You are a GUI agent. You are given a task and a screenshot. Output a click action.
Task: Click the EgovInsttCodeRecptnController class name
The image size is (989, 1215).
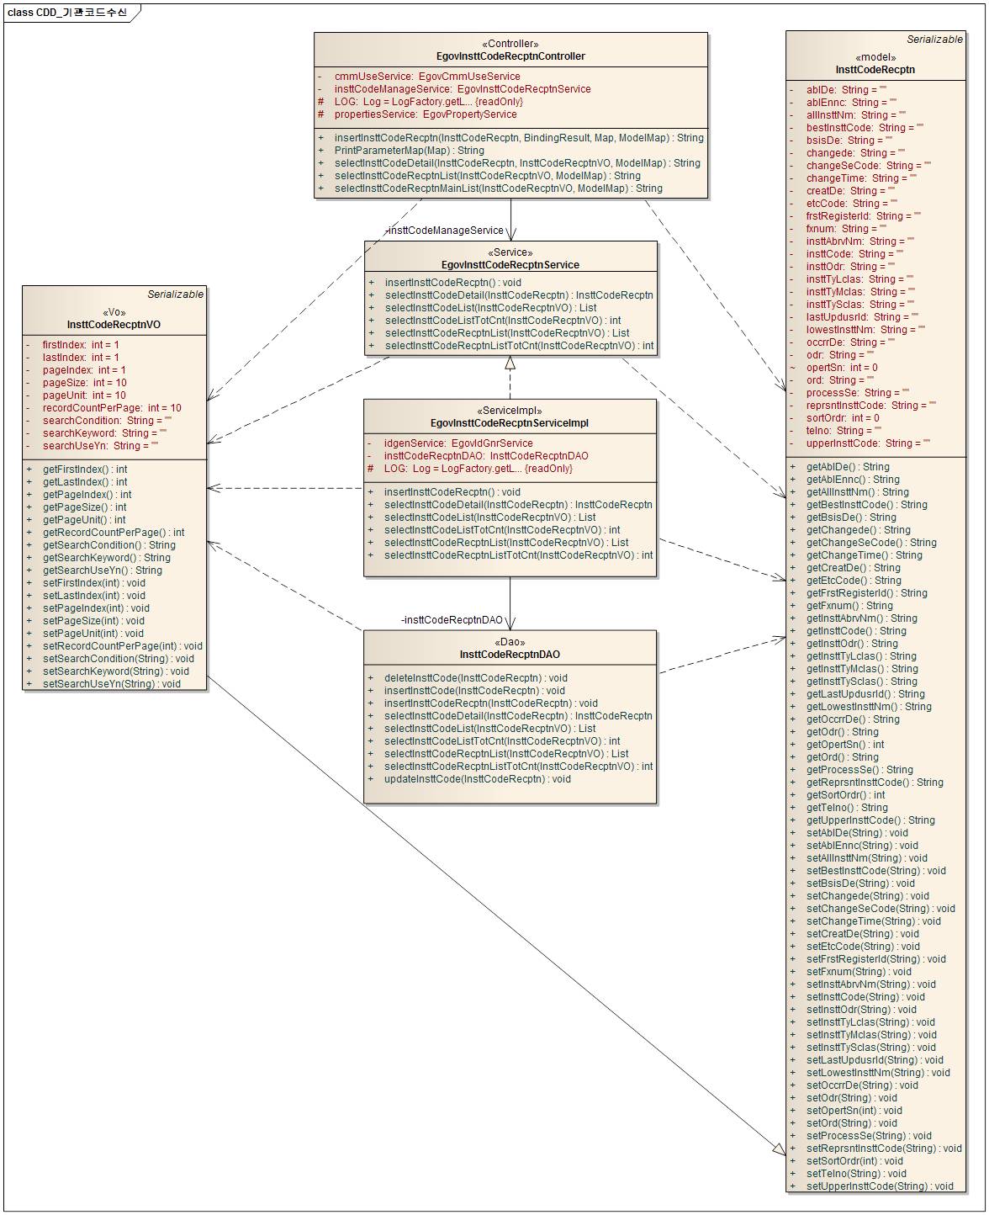coord(510,56)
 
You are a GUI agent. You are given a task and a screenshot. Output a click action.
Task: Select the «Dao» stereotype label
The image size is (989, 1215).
coord(510,642)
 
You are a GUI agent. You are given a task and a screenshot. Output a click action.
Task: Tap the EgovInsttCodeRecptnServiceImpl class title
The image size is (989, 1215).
coord(509,423)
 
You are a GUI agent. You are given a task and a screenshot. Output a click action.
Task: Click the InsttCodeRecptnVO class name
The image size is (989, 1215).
coord(114,325)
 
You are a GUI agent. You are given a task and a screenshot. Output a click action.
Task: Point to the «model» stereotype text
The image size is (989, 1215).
coord(875,57)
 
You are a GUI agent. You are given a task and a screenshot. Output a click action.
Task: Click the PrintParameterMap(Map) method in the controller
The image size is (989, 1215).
coord(409,151)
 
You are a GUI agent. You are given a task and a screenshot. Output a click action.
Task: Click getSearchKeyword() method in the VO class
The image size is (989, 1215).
coord(107,558)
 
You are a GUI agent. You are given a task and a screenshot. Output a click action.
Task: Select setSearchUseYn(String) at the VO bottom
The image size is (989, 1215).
coord(112,684)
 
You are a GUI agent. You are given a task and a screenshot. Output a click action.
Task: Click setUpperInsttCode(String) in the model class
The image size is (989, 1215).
coord(880,1186)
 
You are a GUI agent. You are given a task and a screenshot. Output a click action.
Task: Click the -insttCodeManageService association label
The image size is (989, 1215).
coord(445,231)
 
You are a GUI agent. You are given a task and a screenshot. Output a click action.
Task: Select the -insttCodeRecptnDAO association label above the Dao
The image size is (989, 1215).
coord(452,620)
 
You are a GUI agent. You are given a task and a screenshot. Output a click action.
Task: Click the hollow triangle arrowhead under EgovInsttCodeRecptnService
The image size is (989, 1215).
coord(510,363)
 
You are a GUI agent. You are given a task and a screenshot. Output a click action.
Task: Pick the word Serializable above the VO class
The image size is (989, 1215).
coord(175,294)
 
